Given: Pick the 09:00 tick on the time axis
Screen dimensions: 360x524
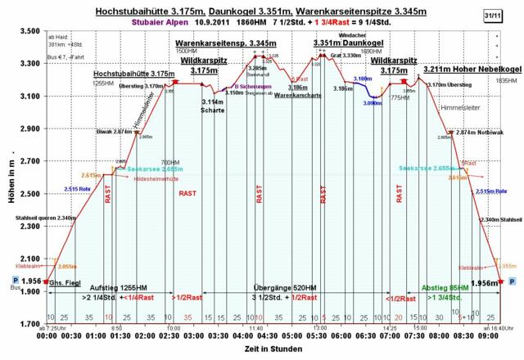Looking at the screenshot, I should pos(488,335).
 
